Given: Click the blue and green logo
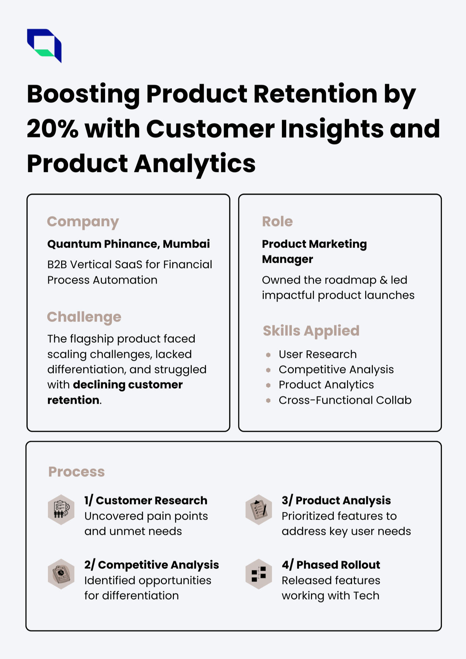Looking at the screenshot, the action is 44,46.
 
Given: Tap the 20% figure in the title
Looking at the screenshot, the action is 53,129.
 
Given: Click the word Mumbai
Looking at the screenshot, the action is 186,244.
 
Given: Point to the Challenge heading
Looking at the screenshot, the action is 84,317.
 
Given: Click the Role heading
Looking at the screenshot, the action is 278,222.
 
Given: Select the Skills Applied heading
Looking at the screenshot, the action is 311,331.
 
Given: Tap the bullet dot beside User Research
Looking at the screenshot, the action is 268,355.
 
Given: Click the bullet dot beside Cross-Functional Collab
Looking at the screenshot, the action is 268,400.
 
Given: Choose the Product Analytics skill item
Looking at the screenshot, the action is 326,385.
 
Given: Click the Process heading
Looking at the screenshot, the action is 77,472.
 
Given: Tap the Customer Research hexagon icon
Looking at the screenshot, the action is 61,510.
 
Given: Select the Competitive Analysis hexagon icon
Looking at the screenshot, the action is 61,574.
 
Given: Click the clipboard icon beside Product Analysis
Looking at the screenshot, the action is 259,510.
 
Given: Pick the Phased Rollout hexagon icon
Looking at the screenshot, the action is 259,574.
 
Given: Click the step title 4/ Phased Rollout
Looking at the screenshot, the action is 331,565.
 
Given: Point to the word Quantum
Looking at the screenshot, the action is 74,244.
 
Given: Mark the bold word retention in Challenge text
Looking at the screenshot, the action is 73,400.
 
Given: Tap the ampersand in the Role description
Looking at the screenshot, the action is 383,280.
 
